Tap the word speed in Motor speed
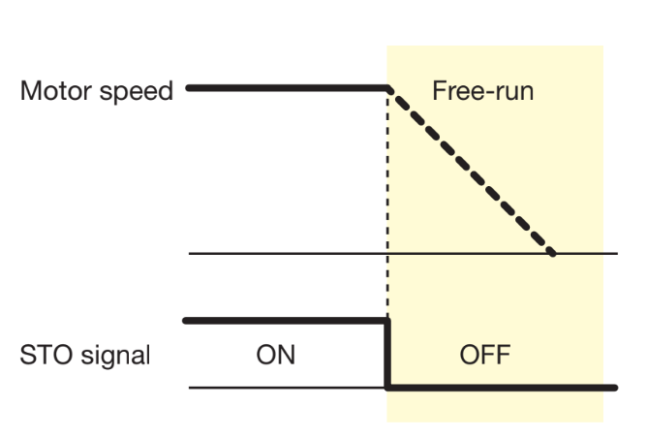coord(139,93)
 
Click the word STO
coord(41,356)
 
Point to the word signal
coord(113,357)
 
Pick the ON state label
coord(275,356)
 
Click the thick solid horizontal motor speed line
coord(286,88)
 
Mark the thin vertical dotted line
coord(387,203)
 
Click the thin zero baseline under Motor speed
coord(291,254)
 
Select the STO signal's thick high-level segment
coord(286,320)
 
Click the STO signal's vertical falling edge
coord(387,354)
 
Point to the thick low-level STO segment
coord(499,388)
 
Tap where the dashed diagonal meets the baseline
coord(553,254)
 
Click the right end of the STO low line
coord(614,388)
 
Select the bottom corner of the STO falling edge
coord(387,388)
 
